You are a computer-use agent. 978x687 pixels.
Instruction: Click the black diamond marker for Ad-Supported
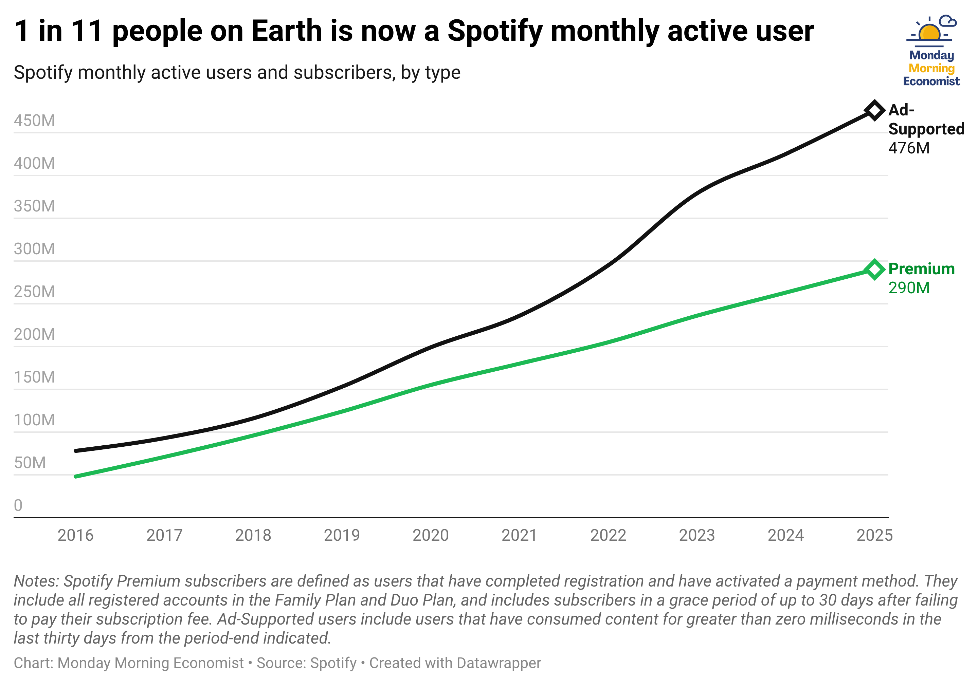[x=874, y=111]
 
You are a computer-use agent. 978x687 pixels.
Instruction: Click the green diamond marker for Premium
[x=874, y=270]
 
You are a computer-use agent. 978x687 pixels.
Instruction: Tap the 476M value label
[x=909, y=148]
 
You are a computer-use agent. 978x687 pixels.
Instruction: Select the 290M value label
[x=909, y=288]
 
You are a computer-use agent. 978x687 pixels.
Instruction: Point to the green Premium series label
[x=921, y=269]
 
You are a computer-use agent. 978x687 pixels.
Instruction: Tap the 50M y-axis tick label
[x=30, y=463]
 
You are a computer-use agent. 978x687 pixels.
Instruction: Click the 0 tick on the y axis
[x=18, y=505]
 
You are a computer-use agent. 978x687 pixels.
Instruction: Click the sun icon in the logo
[x=930, y=32]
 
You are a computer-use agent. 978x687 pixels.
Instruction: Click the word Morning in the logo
[x=931, y=69]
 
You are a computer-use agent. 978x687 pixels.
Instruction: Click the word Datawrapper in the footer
[x=498, y=663]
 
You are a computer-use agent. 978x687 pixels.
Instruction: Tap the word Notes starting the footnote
[x=37, y=581]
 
